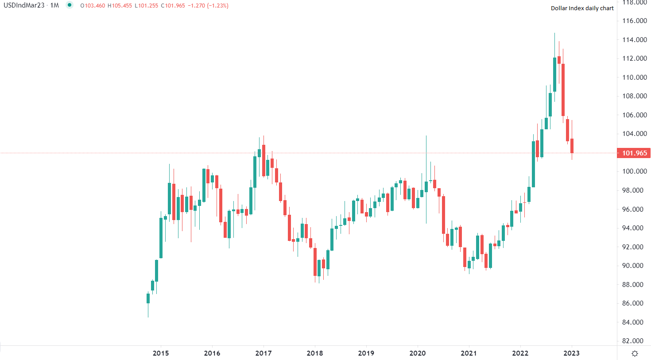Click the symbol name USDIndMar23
point(24,6)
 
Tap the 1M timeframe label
point(54,6)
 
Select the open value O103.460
point(93,6)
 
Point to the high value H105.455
point(120,6)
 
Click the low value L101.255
point(146,6)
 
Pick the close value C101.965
point(173,6)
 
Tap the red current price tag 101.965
point(634,153)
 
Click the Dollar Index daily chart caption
point(582,8)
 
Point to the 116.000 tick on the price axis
point(634,21)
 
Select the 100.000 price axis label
point(634,171)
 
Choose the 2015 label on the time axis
point(160,353)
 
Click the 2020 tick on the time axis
point(417,353)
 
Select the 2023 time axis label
point(571,353)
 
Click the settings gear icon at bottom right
point(635,353)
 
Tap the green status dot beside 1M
point(70,5)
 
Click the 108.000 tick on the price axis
point(634,96)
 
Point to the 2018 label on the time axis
point(314,353)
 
